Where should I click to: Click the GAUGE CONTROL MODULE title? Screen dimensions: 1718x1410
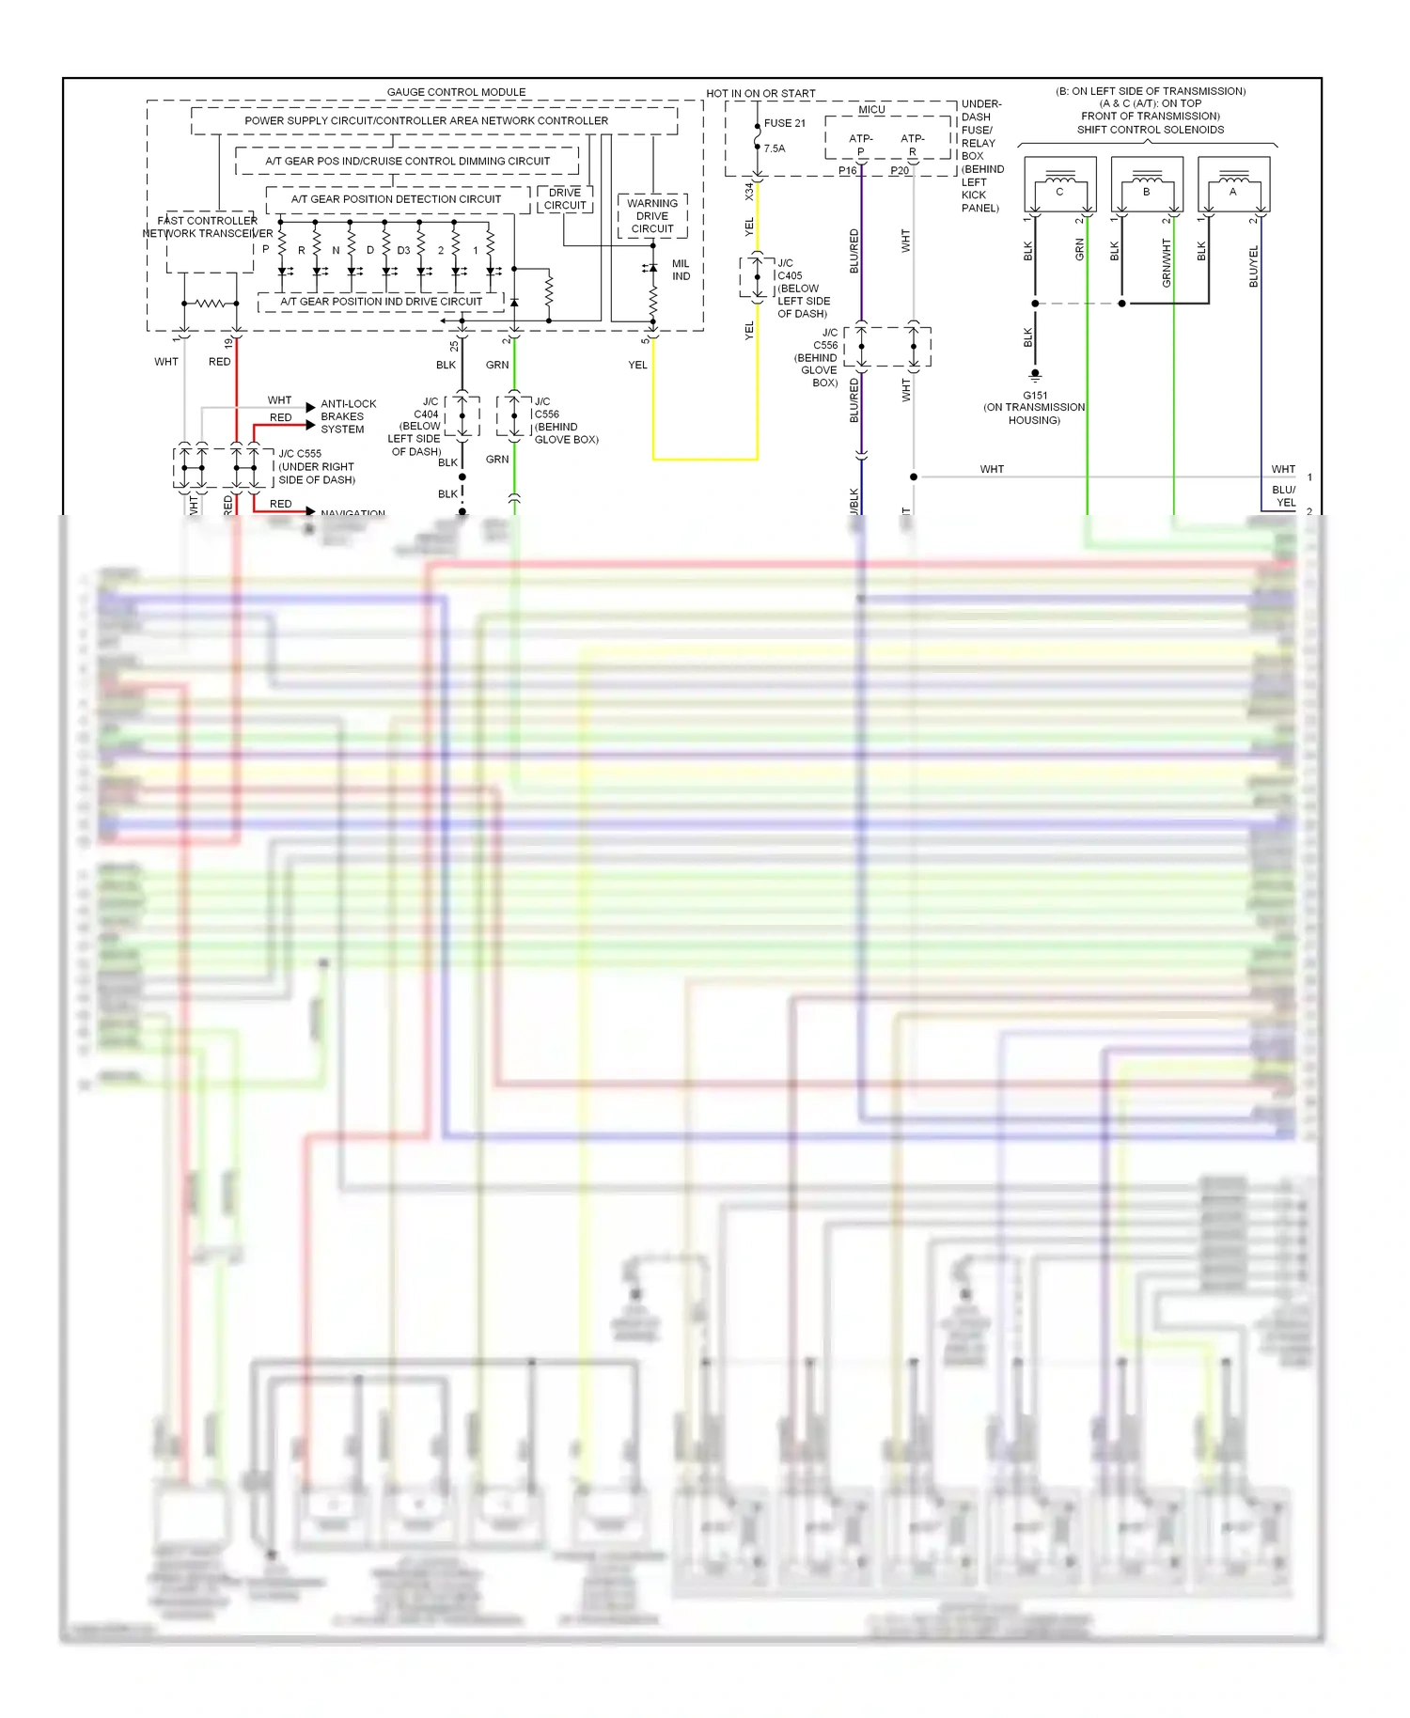(456, 92)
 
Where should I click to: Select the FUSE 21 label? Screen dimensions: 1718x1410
(784, 123)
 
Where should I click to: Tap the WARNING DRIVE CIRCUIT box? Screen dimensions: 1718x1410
(652, 216)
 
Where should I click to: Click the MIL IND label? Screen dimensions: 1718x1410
(681, 270)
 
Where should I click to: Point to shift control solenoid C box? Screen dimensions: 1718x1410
(1059, 185)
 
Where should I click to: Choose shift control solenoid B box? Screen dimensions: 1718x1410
(1146, 185)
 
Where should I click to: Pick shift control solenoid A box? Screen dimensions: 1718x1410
(1233, 185)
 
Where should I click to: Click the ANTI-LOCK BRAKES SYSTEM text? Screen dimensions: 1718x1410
(348, 416)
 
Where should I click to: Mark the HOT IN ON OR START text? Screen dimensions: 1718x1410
(760, 93)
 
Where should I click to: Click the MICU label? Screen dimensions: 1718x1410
(871, 110)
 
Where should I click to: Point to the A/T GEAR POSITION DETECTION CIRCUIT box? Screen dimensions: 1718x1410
(396, 199)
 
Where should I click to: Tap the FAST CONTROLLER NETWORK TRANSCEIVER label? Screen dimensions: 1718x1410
(208, 226)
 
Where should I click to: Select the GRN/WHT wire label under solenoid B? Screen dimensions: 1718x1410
(1167, 263)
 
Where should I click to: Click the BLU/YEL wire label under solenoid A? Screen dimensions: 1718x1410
(1253, 267)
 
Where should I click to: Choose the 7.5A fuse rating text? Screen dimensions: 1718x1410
(775, 148)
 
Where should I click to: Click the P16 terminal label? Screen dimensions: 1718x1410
(847, 171)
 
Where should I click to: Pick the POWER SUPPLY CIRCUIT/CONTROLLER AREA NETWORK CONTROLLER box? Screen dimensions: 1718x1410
(426, 121)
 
